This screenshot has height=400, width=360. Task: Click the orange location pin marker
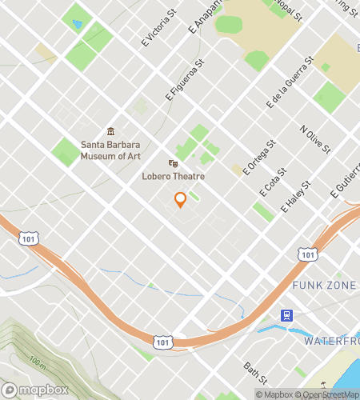[180, 199]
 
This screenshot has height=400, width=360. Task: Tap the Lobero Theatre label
[173, 176]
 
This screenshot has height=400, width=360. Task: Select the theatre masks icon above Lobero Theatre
[172, 163]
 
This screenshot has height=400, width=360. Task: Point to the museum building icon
[110, 132]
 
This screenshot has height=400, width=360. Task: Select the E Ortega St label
[260, 154]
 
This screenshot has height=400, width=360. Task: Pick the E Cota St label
[273, 182]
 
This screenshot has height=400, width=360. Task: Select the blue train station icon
[286, 314]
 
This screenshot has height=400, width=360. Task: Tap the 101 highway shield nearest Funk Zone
[307, 254]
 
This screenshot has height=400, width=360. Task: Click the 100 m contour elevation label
[37, 362]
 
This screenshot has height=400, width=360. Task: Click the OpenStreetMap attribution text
[328, 394]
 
